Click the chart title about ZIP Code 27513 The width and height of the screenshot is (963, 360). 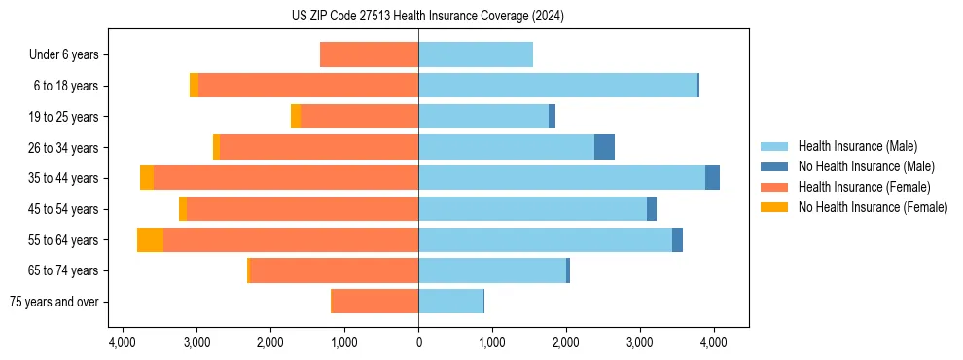(427, 17)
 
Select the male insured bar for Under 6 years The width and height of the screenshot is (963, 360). (476, 54)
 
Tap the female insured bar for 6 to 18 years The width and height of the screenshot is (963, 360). (308, 86)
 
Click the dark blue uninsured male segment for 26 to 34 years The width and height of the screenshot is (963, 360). (604, 147)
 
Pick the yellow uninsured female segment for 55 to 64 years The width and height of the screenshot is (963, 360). (150, 240)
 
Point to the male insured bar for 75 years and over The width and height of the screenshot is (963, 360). (450, 302)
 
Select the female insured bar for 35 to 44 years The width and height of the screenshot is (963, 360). (286, 178)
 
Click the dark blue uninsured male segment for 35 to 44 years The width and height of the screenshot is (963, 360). (712, 178)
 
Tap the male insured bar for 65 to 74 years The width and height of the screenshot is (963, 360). (492, 270)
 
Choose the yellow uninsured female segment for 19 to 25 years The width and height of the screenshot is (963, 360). (296, 117)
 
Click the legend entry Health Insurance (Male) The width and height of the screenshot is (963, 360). (857, 146)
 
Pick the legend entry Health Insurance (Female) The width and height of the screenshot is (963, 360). (863, 187)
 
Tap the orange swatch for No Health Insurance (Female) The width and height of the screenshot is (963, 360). (775, 207)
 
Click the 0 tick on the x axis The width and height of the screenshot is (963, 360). (418, 343)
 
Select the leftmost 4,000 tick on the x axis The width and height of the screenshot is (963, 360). (123, 343)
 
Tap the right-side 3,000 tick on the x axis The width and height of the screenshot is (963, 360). (640, 343)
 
